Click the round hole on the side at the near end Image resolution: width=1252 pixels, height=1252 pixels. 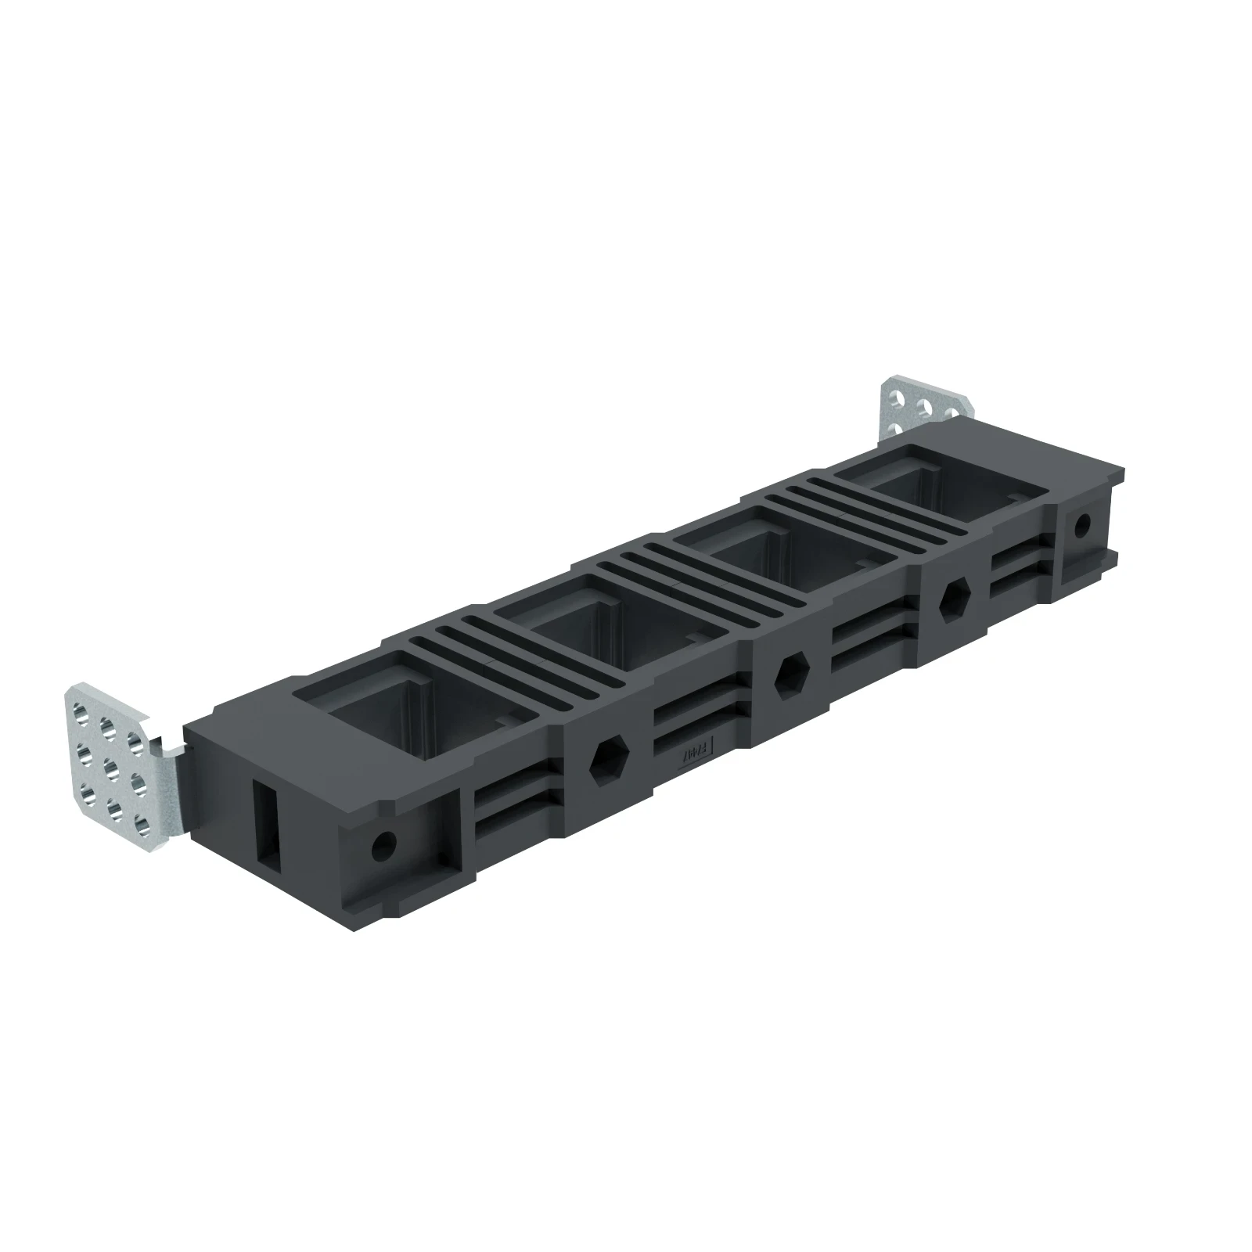tap(383, 844)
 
